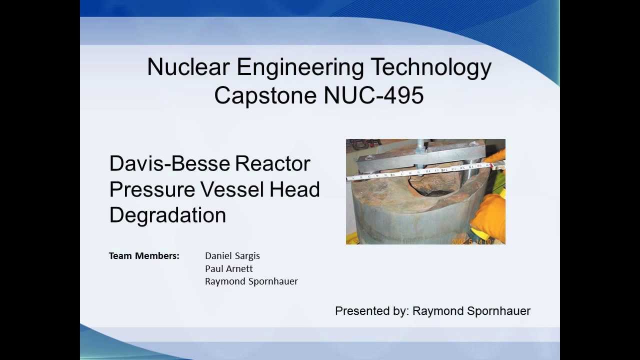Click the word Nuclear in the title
(x=188, y=67)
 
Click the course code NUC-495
(x=374, y=95)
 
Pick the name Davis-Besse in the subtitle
(x=169, y=163)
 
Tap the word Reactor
(x=272, y=163)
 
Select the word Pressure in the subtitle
(x=152, y=189)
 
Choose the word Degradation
(x=167, y=215)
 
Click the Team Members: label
(x=144, y=256)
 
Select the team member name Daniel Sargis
(x=232, y=256)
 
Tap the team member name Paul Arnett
(x=228, y=268)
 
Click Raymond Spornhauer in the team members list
(x=251, y=281)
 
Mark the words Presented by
(x=371, y=311)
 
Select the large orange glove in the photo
(x=489, y=215)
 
